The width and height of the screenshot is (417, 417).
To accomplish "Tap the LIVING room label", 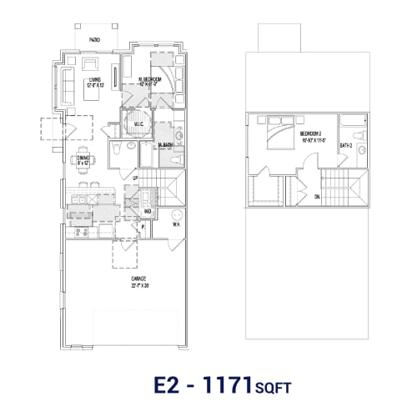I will (x=94, y=81).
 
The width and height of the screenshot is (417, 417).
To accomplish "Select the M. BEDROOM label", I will (x=150, y=80).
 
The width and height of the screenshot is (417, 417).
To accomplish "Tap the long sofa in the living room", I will (x=66, y=85).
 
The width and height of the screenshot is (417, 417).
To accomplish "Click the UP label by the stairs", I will (x=136, y=178).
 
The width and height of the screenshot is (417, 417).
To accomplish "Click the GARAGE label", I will (x=138, y=279).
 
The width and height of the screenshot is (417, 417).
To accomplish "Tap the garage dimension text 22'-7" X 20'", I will (x=138, y=285).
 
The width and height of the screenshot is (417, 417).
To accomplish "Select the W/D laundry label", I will (x=146, y=211).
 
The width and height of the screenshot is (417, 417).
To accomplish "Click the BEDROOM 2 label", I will (x=314, y=133).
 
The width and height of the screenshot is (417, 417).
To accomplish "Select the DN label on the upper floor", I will (x=318, y=197).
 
